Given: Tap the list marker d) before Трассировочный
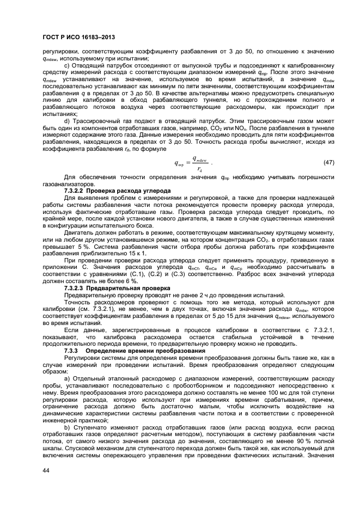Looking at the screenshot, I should tap(68, 121).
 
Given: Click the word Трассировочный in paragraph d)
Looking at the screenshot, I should tap(98, 121).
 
